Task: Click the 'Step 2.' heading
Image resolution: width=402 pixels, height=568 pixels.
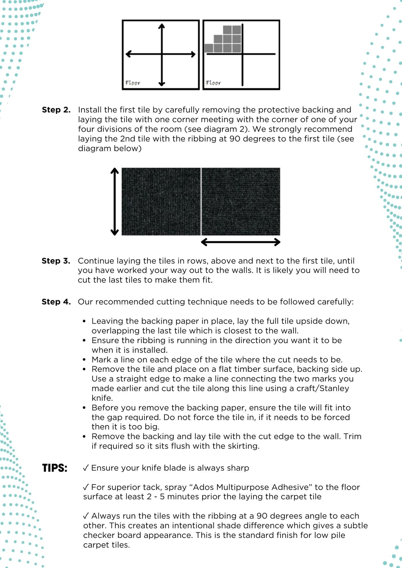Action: (x=56, y=110)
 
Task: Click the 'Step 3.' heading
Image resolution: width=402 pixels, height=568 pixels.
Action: (x=56, y=261)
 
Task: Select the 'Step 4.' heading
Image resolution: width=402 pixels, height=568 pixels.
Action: (x=56, y=302)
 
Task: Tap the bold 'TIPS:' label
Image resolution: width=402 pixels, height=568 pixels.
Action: (x=55, y=468)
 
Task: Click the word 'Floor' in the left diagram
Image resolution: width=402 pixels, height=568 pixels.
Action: (x=133, y=83)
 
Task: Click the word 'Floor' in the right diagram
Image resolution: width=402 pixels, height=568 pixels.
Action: (x=213, y=83)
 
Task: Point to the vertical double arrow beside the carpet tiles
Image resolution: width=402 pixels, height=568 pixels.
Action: (x=115, y=201)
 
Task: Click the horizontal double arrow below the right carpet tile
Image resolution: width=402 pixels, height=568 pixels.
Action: (x=241, y=242)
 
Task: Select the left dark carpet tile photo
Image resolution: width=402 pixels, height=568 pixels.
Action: (x=161, y=201)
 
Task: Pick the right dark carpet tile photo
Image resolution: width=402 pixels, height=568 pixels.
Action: (x=241, y=201)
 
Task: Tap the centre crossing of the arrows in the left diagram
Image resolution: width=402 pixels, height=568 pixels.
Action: (x=162, y=54)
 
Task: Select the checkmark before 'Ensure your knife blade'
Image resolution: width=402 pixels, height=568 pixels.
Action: (x=86, y=468)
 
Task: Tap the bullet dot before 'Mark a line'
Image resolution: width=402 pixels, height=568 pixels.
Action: (x=84, y=360)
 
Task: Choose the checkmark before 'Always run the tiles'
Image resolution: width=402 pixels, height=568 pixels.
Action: (x=86, y=516)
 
